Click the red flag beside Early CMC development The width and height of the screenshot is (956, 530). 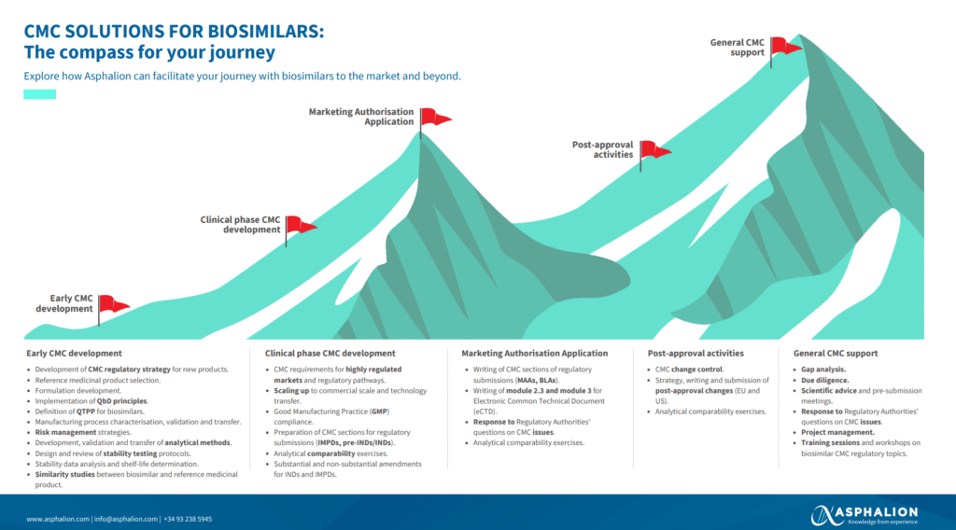(x=114, y=304)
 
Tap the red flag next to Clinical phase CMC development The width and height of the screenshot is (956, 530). (x=301, y=225)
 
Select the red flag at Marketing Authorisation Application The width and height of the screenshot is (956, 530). (x=435, y=118)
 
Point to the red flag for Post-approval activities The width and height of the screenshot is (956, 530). (x=654, y=150)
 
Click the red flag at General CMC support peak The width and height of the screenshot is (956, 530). (x=785, y=45)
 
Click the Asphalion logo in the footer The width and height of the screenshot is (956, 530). (x=864, y=514)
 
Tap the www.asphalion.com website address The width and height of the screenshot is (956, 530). (x=58, y=519)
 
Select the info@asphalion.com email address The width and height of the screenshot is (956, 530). (x=126, y=519)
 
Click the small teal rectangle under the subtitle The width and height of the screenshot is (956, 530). (x=39, y=94)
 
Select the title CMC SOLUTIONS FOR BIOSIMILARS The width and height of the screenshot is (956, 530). (x=174, y=31)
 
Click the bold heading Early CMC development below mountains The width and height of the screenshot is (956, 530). (x=74, y=354)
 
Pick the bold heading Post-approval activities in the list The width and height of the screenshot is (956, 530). (x=696, y=354)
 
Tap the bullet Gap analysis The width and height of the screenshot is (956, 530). (x=823, y=370)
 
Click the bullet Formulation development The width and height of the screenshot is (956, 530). (x=77, y=391)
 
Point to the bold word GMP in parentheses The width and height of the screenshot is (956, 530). (x=378, y=411)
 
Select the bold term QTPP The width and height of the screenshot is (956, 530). (x=86, y=411)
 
